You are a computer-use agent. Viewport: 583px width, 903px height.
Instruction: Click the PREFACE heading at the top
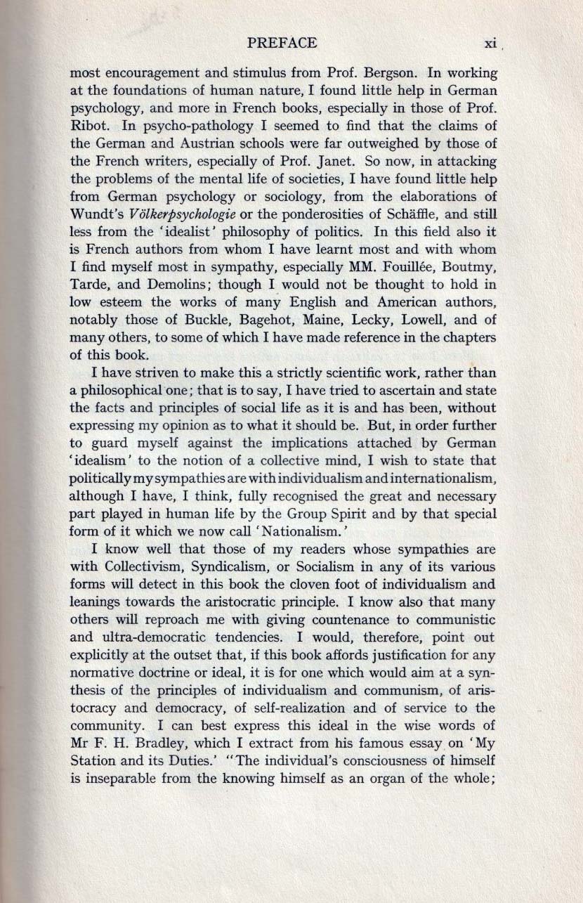282,44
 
